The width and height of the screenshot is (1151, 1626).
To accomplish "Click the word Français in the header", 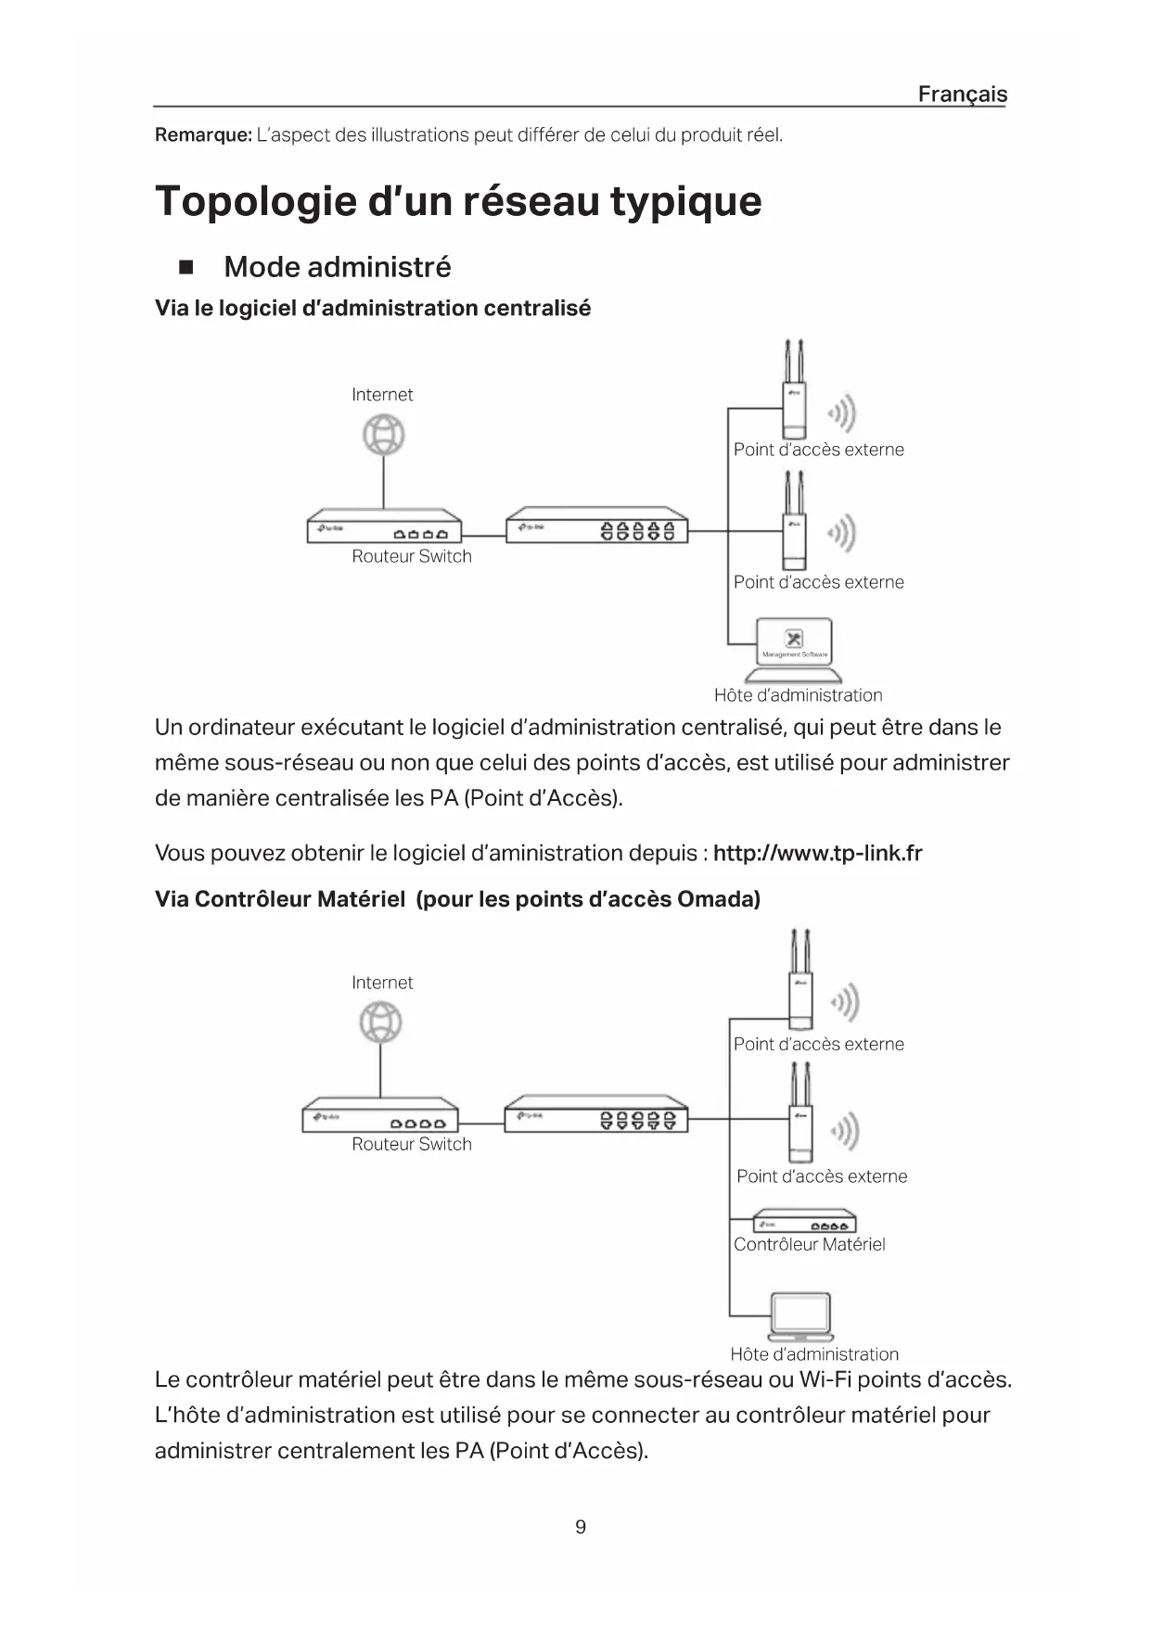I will point(962,94).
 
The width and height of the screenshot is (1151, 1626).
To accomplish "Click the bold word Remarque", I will point(202,135).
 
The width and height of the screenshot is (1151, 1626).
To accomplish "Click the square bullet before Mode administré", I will point(185,269).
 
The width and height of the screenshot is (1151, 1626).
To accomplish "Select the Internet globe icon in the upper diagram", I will point(383,435).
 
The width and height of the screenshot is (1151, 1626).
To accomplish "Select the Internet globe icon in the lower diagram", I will point(380,1023).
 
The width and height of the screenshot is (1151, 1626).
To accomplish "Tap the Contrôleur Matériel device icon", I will point(803,1222).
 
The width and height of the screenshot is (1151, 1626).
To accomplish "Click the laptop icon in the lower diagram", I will point(800,1317).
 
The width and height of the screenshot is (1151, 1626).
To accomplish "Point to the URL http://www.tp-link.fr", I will point(817,853).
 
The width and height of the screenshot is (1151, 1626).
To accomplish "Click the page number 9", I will point(581,1527).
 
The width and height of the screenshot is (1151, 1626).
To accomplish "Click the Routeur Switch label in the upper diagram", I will point(411,556).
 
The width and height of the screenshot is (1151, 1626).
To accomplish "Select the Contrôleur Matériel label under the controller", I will point(809,1245).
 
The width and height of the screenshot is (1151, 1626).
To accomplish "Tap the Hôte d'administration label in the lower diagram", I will point(813,1354).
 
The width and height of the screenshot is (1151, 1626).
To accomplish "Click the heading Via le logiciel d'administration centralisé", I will point(372,309).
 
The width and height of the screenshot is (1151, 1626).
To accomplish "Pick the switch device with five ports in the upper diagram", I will point(596,526).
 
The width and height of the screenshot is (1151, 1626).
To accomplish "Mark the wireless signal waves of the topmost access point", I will point(842,413).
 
